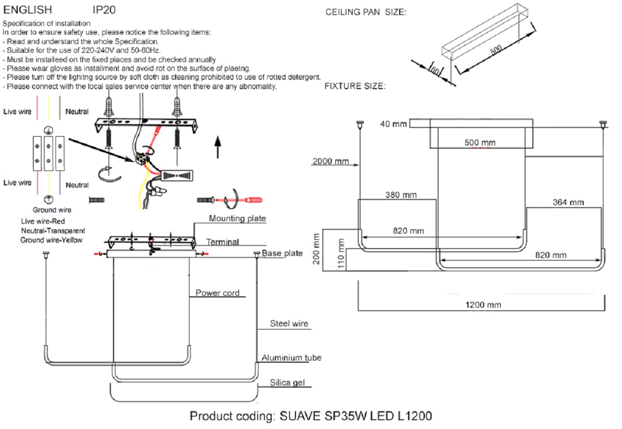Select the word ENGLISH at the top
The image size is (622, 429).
pos(28,10)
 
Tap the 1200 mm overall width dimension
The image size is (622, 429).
pos(484,305)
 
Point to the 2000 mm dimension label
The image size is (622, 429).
pos(330,161)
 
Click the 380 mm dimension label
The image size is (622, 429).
pos(400,195)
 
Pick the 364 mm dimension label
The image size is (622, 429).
pos(568,202)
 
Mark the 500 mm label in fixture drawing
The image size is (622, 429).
pos(480,142)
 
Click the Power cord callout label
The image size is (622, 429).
pos(217,293)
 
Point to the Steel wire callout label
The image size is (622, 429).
pos(289,324)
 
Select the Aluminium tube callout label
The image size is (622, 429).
pos(291,358)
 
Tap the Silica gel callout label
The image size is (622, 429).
pos(287,383)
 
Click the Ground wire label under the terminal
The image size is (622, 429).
pos(51,210)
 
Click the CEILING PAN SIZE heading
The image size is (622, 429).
pos(365,12)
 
